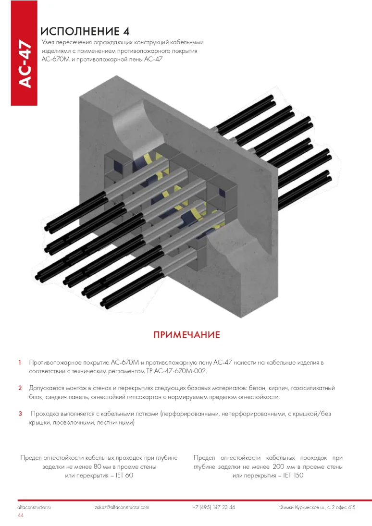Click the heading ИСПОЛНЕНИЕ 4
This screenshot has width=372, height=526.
point(86,32)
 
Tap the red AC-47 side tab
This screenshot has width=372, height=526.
point(24,64)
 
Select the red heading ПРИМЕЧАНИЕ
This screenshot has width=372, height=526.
point(186,335)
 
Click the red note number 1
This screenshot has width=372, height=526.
point(19,362)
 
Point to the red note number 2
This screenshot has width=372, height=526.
point(20,388)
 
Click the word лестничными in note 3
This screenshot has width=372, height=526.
point(115,423)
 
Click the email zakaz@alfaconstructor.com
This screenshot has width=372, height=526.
point(122,507)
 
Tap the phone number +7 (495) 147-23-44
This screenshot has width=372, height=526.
point(213,507)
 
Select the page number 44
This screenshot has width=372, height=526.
point(21,515)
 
